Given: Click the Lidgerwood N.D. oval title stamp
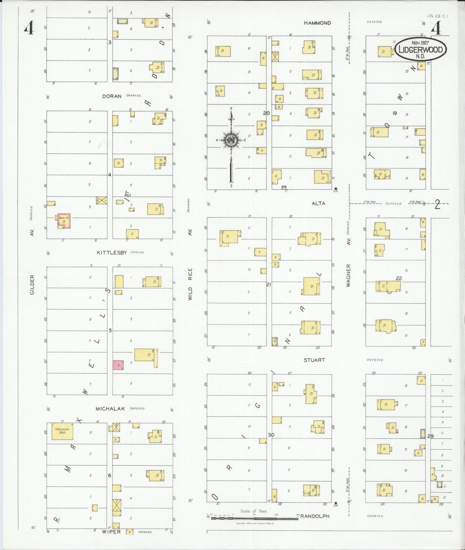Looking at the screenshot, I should (x=421, y=49).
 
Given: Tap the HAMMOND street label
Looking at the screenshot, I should (x=317, y=23).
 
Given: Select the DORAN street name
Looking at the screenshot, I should (x=112, y=96).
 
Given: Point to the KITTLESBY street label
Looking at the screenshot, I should (x=112, y=252).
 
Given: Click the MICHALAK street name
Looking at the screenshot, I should (x=110, y=408).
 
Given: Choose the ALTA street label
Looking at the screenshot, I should (x=318, y=203).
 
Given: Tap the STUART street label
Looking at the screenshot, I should (x=314, y=360).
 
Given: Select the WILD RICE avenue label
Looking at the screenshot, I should (x=190, y=284).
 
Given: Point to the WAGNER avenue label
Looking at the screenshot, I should (x=349, y=275).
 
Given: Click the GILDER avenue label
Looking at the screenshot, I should (x=32, y=285).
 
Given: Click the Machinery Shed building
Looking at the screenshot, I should (x=62, y=431).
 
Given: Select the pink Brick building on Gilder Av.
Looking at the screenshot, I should (x=64, y=221).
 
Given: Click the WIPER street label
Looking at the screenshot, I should (x=111, y=532).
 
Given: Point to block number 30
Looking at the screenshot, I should (x=271, y=435).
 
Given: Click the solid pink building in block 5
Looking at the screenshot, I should (x=118, y=365).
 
